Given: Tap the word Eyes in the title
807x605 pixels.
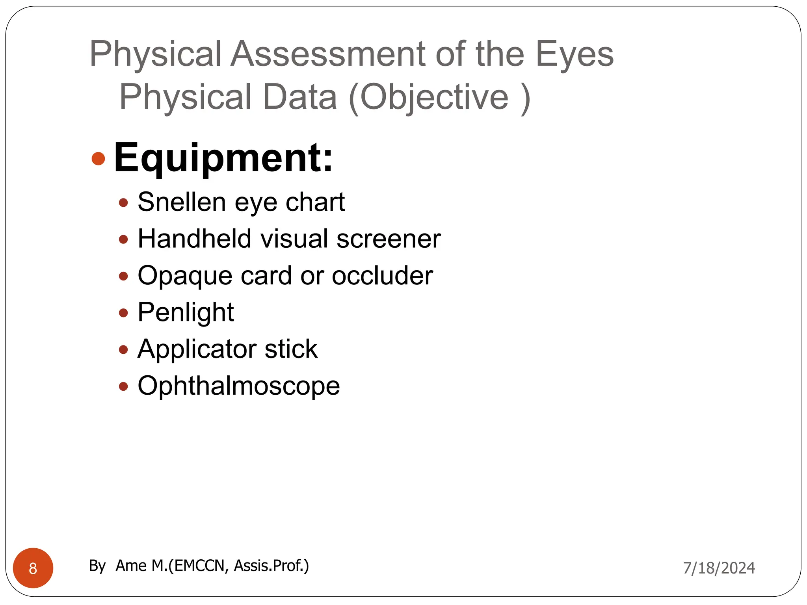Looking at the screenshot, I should [574, 54].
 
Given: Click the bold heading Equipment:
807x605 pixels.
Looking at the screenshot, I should [223, 158].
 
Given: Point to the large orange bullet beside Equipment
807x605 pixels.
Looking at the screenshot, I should [98, 158].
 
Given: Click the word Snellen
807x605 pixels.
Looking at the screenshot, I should [182, 202].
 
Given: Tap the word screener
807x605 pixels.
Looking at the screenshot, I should [389, 239].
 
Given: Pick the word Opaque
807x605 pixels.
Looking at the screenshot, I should [184, 276].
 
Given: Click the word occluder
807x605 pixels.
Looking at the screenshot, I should [382, 276].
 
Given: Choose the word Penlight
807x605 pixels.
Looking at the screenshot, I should [186, 312].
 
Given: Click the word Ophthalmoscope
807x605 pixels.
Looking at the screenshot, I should [238, 386].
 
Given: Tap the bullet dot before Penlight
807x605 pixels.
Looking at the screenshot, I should [123, 313].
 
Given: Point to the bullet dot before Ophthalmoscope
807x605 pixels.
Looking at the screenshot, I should [123, 386].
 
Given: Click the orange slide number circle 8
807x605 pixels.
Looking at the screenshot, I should [33, 568].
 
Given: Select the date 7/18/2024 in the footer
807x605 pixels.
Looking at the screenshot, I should [719, 568].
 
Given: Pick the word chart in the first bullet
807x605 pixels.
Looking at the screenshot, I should [315, 202].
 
